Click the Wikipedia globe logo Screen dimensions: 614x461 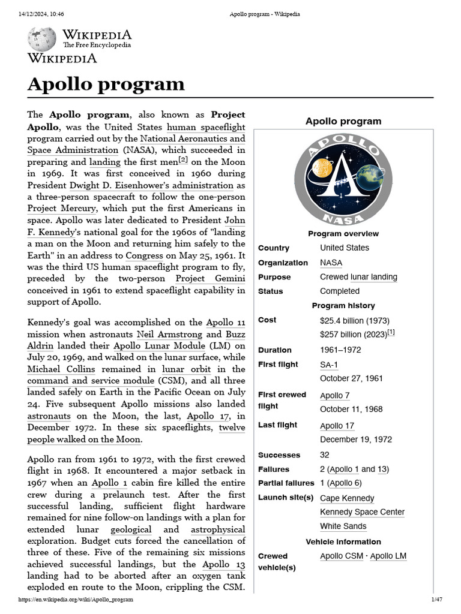[41, 38]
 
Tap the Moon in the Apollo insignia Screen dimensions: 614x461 [321, 170]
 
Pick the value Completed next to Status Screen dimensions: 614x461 [340, 291]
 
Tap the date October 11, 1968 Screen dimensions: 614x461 [351, 410]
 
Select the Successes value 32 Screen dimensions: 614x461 [325, 455]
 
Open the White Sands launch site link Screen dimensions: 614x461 [343, 526]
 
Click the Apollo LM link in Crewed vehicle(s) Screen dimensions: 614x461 [388, 556]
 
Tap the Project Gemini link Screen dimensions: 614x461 [210, 279]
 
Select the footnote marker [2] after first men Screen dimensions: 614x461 [183, 160]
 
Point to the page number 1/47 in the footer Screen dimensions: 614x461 [436, 600]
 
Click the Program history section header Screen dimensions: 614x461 [343, 306]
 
